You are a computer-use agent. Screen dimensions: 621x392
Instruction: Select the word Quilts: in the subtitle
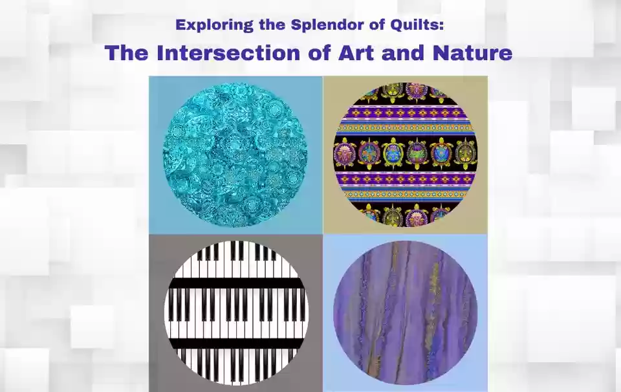[x=417, y=25]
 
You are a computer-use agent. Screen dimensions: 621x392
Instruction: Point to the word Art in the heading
[x=356, y=52]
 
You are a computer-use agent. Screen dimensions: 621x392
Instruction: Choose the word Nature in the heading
[x=472, y=52]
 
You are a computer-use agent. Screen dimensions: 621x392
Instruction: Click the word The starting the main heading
[x=127, y=52]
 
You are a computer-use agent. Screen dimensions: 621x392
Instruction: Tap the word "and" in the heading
[x=403, y=52]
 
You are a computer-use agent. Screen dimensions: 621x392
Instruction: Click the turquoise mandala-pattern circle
[x=235, y=155]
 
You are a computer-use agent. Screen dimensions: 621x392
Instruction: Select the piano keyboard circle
[x=237, y=313]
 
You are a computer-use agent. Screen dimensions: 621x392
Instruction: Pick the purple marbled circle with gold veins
[x=405, y=312]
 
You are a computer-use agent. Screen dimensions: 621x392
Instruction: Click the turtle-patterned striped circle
[x=405, y=155]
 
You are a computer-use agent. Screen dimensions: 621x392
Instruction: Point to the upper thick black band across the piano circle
[x=237, y=283]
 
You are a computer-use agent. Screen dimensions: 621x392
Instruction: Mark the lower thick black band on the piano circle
[x=237, y=343]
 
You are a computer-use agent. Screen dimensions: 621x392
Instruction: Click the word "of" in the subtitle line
[x=376, y=25]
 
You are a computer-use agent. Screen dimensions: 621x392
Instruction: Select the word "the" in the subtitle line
[x=272, y=25]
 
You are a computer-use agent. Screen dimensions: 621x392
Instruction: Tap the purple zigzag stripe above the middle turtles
[x=405, y=114]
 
